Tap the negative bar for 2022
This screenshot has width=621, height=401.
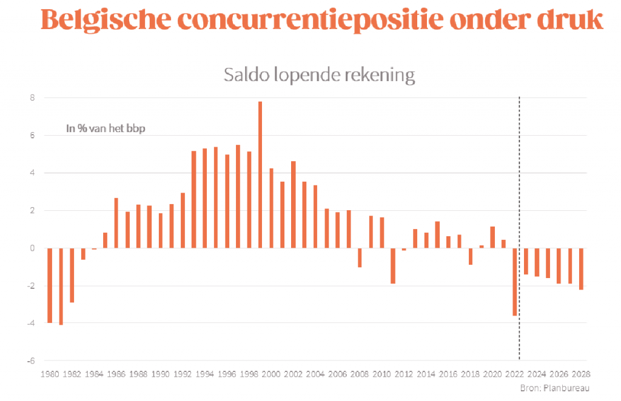[515, 282]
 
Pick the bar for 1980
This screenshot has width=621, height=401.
[50, 285]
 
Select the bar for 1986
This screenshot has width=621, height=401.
[116, 223]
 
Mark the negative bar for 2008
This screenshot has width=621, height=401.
[360, 257]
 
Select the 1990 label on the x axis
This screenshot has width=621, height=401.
[161, 374]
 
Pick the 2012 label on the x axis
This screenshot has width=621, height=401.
[404, 374]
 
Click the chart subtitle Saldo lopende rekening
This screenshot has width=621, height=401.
[319, 75]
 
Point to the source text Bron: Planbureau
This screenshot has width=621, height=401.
[554, 388]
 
